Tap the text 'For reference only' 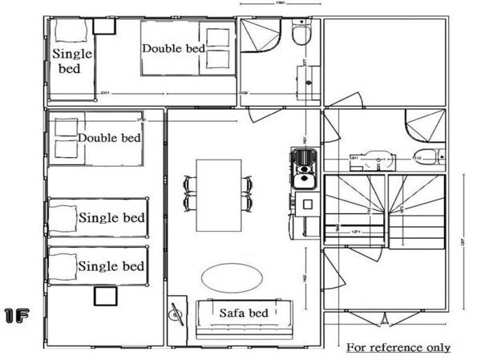[398, 348]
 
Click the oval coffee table [231, 278]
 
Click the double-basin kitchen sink [303, 168]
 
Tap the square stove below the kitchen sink [305, 200]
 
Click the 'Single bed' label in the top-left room [72, 61]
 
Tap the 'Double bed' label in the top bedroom [173, 48]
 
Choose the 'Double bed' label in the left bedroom [109, 138]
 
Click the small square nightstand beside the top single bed [103, 26]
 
